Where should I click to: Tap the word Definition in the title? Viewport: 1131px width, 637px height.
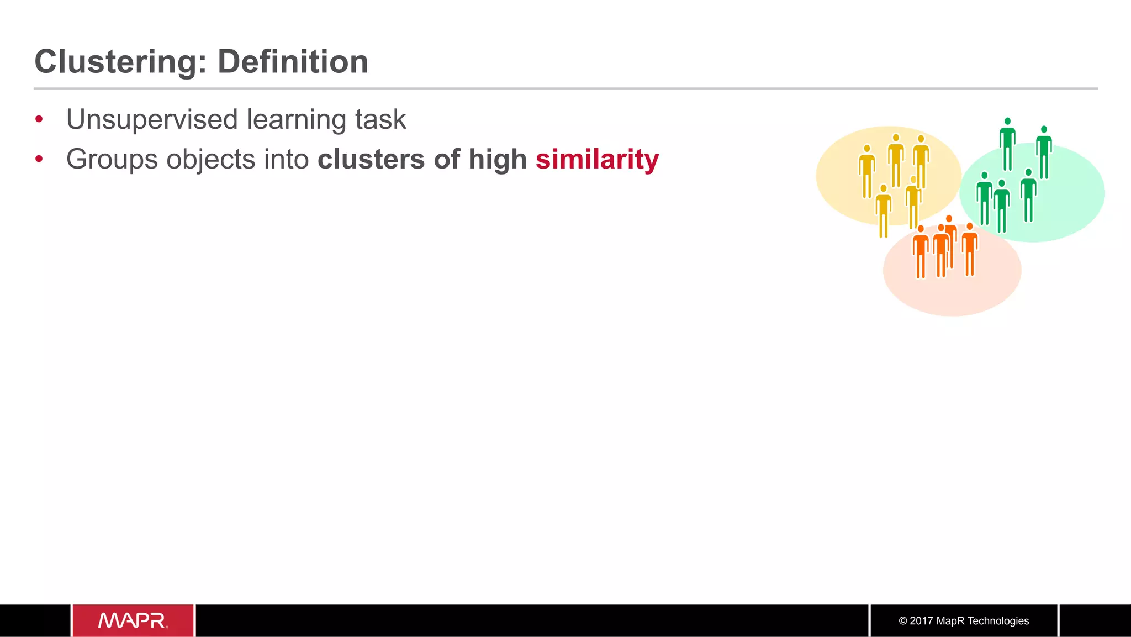pos(293,61)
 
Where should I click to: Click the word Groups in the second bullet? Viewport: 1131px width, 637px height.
pos(112,160)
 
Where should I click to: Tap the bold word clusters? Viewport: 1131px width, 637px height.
pos(371,160)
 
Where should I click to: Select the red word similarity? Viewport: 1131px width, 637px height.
pos(597,160)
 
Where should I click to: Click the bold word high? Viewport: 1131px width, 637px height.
pos(498,160)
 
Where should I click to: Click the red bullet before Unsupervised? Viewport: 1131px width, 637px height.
pos(39,119)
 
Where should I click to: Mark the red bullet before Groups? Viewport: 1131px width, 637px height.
pos(39,160)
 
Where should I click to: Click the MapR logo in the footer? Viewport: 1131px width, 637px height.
pos(133,620)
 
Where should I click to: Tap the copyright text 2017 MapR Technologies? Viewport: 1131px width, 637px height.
pos(964,621)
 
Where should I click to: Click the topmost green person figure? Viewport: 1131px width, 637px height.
pos(1007,144)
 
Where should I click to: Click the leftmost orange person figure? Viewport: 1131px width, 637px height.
pos(921,251)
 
